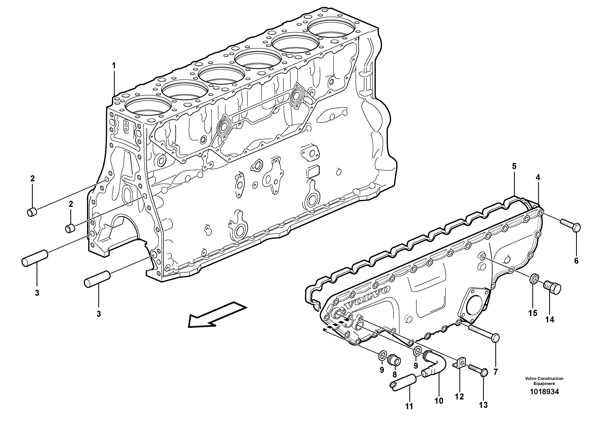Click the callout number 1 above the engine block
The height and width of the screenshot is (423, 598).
pos(114,58)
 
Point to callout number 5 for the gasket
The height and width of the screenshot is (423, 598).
pos(514,166)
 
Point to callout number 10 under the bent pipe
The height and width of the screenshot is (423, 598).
pos(439,401)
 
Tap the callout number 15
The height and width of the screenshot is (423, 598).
pos(533,313)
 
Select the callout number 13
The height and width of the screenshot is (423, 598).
pos(483,405)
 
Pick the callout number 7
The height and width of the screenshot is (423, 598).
pos(495,372)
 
